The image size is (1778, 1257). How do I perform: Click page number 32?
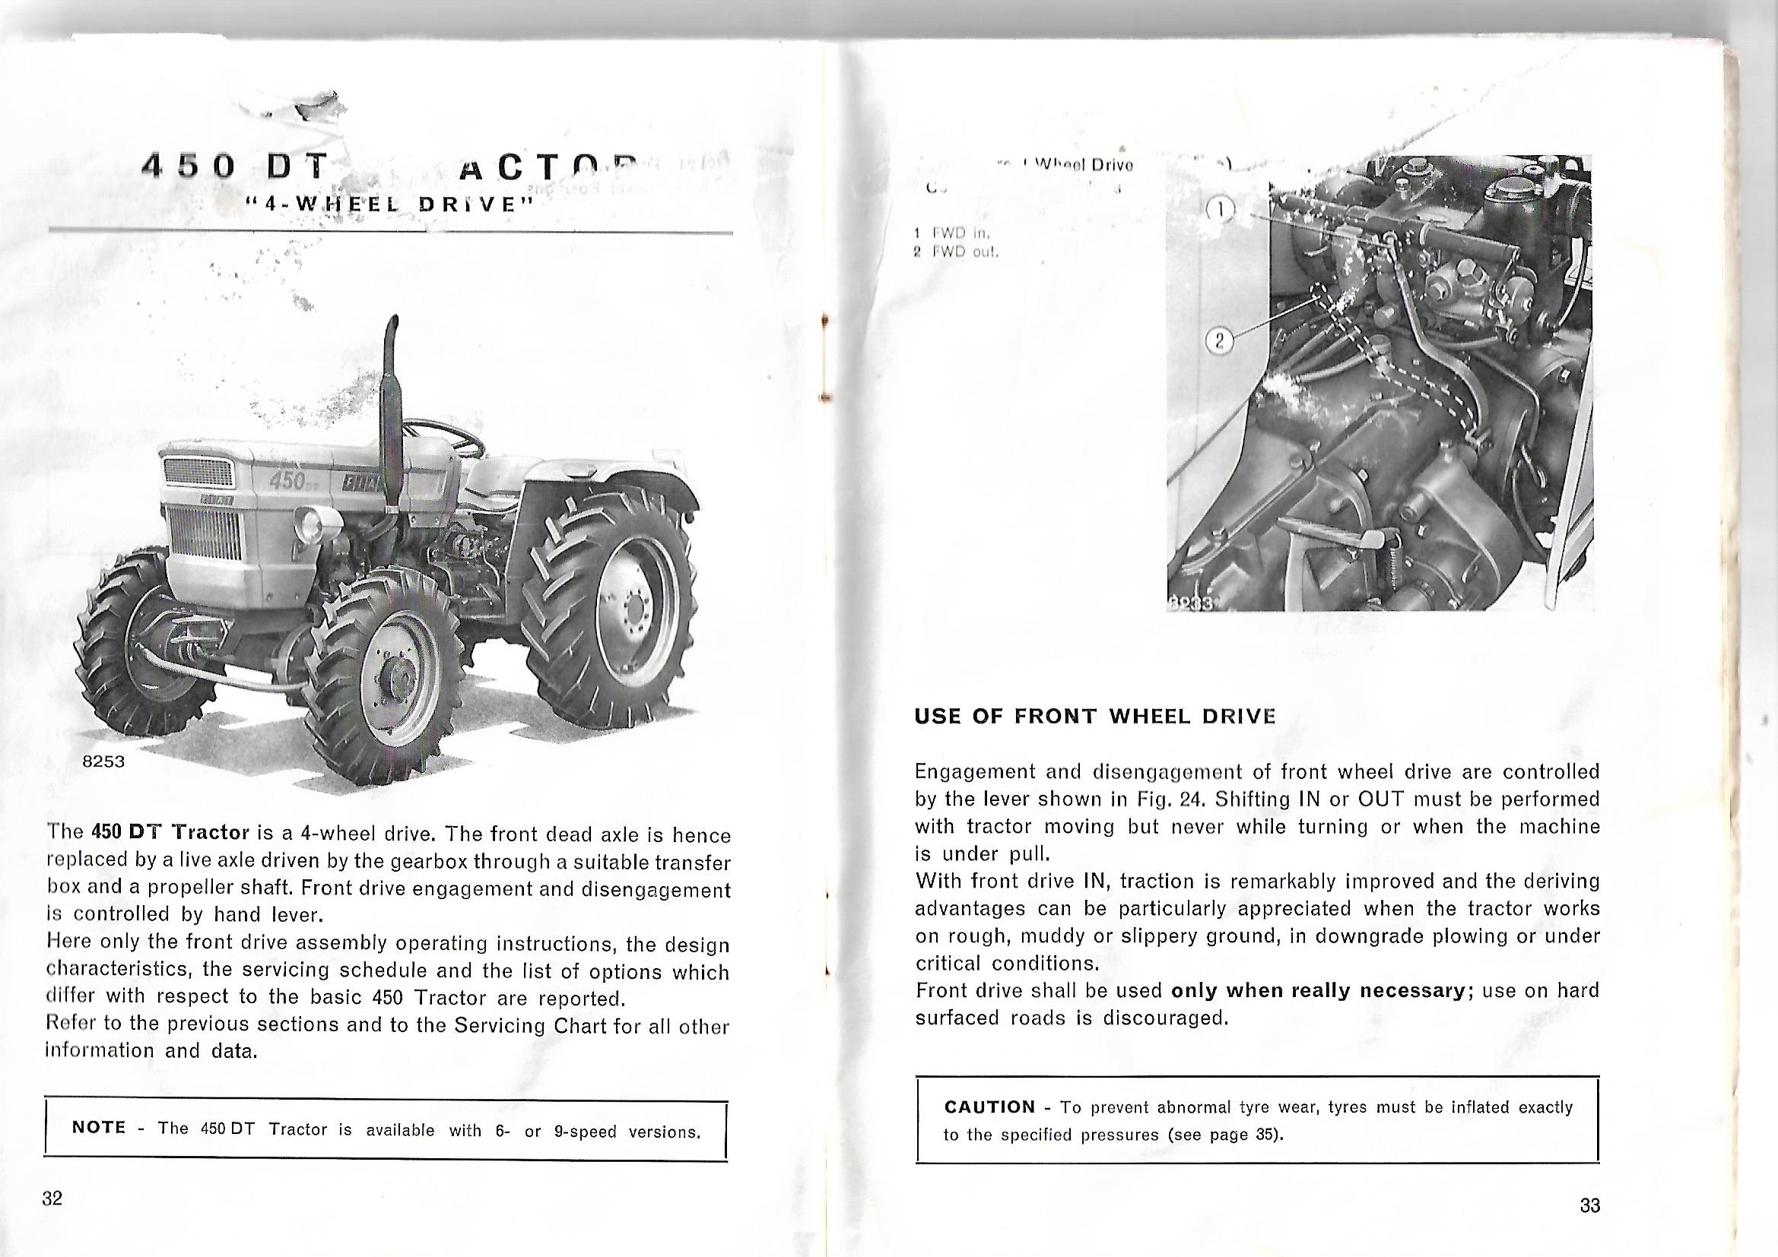(x=52, y=1198)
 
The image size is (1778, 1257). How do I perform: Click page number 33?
(x=1590, y=1205)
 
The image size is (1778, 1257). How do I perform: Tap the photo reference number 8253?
(x=103, y=761)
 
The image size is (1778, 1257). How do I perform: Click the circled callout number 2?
(x=1219, y=340)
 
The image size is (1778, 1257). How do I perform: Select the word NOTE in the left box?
(x=98, y=1128)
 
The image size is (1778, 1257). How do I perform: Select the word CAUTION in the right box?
(x=989, y=1107)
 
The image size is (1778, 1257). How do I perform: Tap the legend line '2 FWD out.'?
(x=957, y=252)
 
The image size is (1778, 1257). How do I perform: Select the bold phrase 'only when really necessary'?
(x=1316, y=991)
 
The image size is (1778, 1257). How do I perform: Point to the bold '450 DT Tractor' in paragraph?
(x=170, y=832)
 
